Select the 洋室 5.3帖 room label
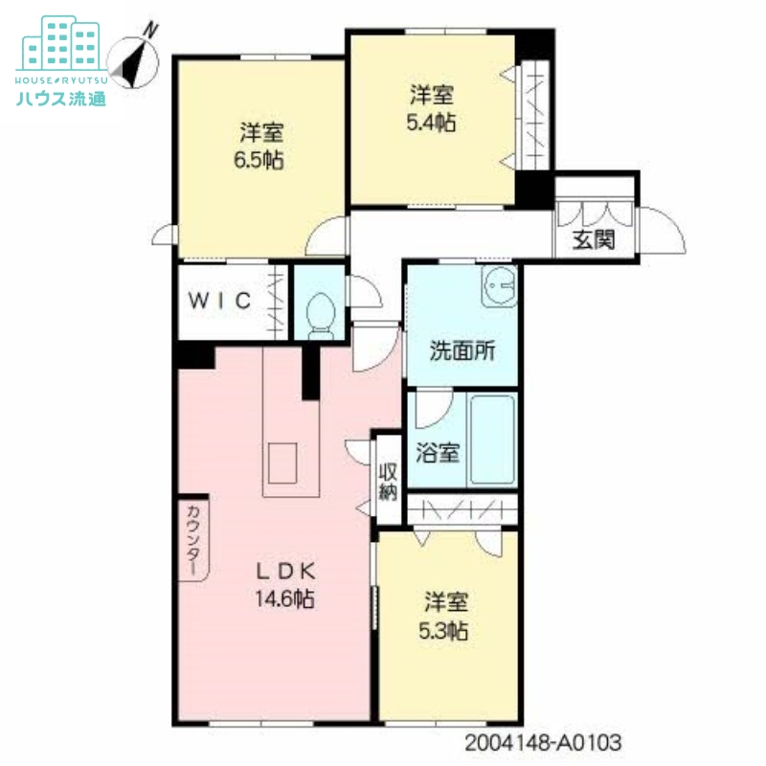(x=446, y=617)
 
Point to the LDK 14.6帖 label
(x=285, y=585)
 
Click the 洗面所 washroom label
(x=462, y=350)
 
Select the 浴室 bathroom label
(x=438, y=453)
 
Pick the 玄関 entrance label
(x=593, y=240)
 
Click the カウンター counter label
(x=192, y=539)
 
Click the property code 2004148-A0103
(x=544, y=742)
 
